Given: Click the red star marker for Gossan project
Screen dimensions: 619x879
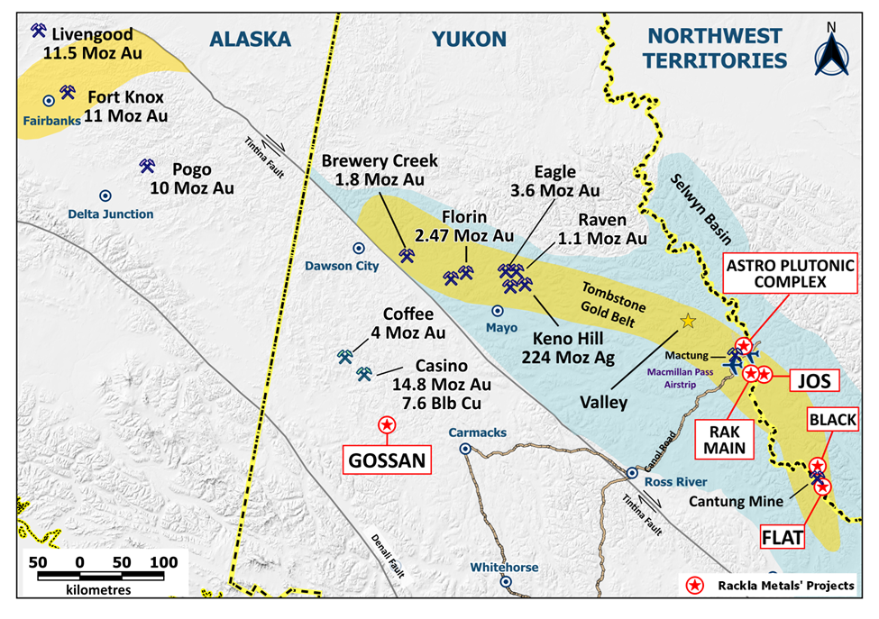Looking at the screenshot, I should pyautogui.click(x=386, y=424).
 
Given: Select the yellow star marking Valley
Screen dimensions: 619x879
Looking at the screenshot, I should pyautogui.click(x=688, y=321).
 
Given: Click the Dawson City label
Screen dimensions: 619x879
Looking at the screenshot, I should pyautogui.click(x=358, y=266).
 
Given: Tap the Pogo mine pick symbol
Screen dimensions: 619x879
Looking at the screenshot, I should pyautogui.click(x=148, y=166).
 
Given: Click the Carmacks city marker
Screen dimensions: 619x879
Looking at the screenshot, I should pyautogui.click(x=465, y=448).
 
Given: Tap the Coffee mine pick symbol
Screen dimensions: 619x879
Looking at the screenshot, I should pyautogui.click(x=344, y=356).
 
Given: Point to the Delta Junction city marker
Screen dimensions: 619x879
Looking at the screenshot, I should pyautogui.click(x=105, y=195).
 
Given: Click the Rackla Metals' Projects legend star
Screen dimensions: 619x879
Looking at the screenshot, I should pyautogui.click(x=694, y=586).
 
